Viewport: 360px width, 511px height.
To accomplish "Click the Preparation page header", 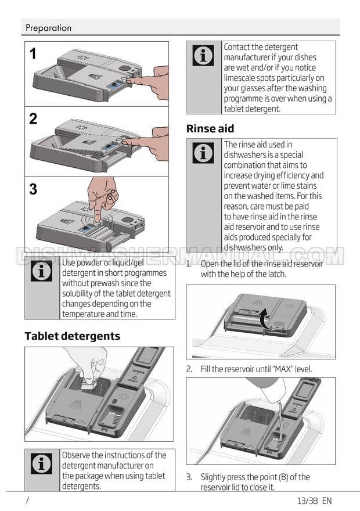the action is (49, 28).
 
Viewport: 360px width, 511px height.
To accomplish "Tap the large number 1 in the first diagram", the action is (33, 54).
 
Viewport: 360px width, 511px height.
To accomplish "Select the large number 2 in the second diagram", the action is (33, 119).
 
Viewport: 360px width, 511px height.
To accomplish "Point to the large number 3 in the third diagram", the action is (33, 189).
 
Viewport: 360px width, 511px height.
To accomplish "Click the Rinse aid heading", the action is (210, 129).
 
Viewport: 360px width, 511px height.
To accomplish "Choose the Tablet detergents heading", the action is (73, 336).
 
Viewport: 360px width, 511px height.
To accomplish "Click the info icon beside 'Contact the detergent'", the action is (203, 55).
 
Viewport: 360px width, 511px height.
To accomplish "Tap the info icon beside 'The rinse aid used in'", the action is (203, 153).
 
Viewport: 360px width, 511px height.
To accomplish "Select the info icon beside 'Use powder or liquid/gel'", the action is (41, 271).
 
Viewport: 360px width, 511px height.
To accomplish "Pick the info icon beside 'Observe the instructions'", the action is (41, 463).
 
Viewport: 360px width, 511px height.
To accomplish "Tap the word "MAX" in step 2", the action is (283, 369).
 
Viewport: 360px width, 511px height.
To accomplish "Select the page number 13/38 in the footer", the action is (308, 501).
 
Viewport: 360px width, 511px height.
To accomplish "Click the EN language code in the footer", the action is (327, 501).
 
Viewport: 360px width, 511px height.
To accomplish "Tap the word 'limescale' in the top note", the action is (240, 78).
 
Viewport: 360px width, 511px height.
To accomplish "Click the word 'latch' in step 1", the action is (278, 274).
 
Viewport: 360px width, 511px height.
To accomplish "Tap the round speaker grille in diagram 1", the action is (124, 69).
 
